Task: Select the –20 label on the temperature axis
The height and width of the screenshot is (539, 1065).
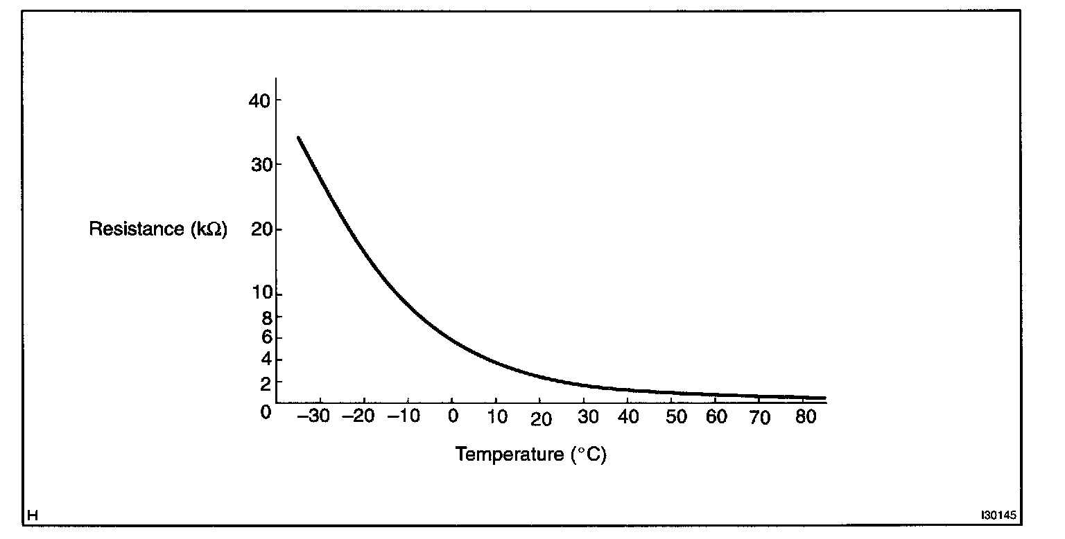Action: [x=361, y=417]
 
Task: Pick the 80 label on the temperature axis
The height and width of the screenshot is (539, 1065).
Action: [x=804, y=417]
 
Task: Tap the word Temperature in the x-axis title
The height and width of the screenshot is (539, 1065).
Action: [x=510, y=455]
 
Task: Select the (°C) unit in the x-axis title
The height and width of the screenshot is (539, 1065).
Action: [x=589, y=455]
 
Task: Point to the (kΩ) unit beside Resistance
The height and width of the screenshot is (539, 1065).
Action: [x=208, y=229]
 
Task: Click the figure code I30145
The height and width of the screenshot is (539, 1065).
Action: [x=998, y=515]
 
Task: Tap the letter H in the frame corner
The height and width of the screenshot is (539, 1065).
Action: [x=32, y=515]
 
